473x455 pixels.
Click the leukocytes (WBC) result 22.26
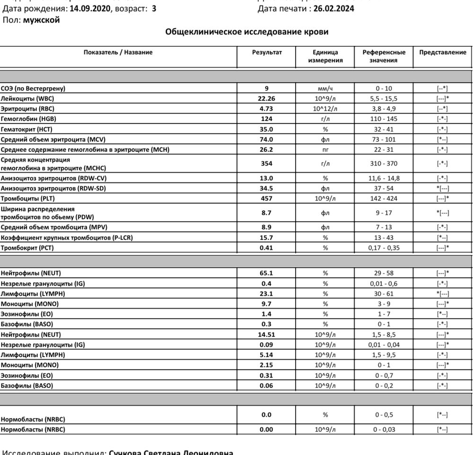[267, 98]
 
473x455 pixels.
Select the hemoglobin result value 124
[267, 119]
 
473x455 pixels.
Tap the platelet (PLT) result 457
[267, 199]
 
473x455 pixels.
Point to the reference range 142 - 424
[384, 199]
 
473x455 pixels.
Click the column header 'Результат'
[267, 52]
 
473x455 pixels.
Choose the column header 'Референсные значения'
[384, 56]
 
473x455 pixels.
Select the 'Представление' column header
[443, 52]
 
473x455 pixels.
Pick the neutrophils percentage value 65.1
[267, 273]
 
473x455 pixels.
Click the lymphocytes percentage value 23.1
[267, 293]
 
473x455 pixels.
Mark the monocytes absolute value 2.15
[267, 365]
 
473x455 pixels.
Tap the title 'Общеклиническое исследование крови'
[247, 32]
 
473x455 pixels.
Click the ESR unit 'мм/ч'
[325, 88]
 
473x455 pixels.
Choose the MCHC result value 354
[267, 164]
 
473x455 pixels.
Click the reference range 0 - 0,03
[384, 429]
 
